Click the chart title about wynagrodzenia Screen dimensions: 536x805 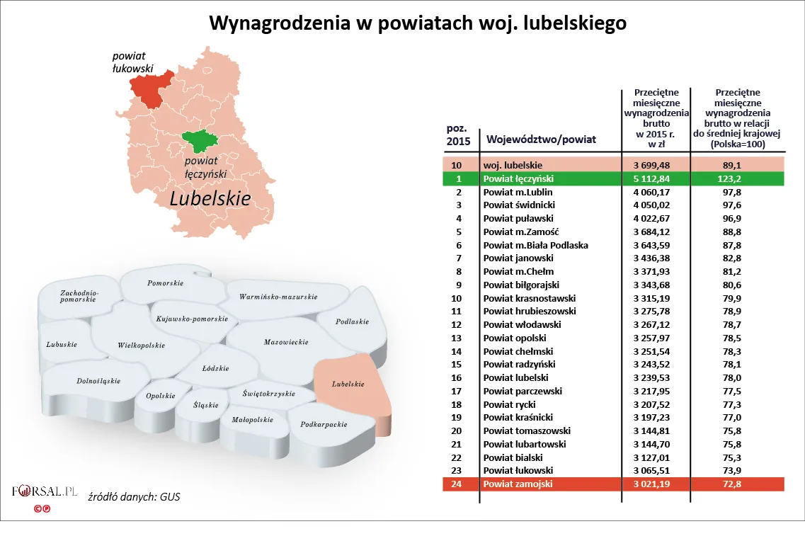pos(418,23)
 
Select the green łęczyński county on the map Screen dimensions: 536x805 pos(202,141)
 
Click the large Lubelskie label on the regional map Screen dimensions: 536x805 pos(210,199)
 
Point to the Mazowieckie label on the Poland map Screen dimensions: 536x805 pos(286,342)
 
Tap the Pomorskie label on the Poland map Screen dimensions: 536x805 pos(165,283)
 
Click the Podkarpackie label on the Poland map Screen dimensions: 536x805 pos(323,425)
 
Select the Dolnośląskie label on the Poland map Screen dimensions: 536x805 pos(98,381)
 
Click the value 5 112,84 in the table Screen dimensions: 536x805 pos(655,178)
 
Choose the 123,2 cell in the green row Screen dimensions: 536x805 pos(738,178)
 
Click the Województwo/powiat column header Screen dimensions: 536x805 pos(539,139)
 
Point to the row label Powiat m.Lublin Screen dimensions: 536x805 pos(518,192)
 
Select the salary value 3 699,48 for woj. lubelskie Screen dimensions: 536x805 pos(655,164)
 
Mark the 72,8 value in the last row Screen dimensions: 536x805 pos(738,484)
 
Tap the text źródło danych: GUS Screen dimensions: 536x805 pos(133,496)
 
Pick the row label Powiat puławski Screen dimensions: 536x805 pos(518,218)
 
